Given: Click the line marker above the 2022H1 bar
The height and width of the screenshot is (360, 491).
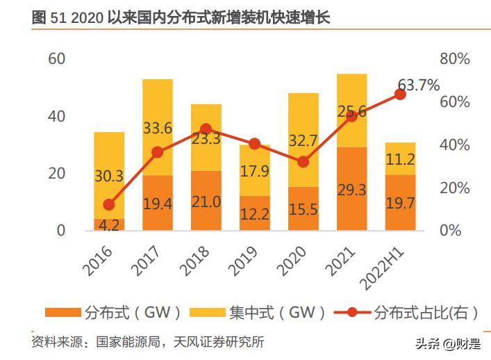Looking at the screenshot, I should click(400, 95).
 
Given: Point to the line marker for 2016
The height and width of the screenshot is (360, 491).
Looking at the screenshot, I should click(109, 204).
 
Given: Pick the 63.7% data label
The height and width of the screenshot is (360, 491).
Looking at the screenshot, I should click(418, 85).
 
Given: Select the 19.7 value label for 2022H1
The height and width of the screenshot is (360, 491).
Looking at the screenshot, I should click(400, 202).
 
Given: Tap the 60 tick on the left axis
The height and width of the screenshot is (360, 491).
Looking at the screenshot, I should click(56, 59).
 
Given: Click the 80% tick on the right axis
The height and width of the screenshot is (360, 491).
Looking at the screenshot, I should click(455, 59).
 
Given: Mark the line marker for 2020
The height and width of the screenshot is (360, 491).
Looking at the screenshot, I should click(303, 162).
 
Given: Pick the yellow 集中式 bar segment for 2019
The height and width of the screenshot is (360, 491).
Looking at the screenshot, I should click(254, 170).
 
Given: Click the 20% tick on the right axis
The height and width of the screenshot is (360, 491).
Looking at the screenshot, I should click(455, 188).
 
